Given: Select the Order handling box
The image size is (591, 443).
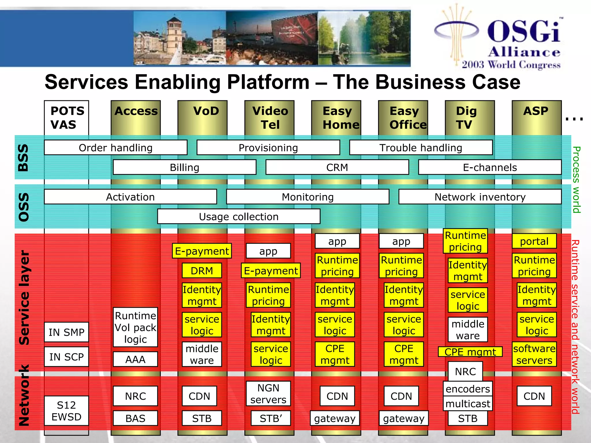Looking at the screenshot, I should [115, 148].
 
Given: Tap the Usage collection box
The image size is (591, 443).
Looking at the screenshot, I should [239, 216].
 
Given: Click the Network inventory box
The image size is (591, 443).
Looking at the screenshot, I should [480, 197].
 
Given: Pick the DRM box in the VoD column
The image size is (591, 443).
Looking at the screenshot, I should [202, 271].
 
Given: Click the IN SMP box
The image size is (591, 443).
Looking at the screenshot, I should [66, 332].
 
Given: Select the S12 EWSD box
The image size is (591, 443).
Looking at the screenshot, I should [66, 411].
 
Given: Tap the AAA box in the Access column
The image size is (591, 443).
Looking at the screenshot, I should [135, 359].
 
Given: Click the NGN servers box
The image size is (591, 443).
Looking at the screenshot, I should [268, 394].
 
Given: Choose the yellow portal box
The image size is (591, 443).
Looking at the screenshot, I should [534, 241].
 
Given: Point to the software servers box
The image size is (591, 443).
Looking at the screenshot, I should [534, 354].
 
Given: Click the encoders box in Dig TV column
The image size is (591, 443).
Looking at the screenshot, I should [467, 389].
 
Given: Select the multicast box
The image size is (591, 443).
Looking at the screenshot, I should [467, 403].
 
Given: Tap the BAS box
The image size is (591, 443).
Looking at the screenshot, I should [135, 418].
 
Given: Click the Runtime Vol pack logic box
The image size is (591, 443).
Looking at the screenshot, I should [135, 327].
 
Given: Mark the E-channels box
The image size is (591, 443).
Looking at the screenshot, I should [490, 167].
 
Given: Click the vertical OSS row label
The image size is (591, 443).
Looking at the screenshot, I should [24, 207].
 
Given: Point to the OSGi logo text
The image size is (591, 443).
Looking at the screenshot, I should [524, 32].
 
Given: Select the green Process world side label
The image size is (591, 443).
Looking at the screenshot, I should [576, 179].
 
